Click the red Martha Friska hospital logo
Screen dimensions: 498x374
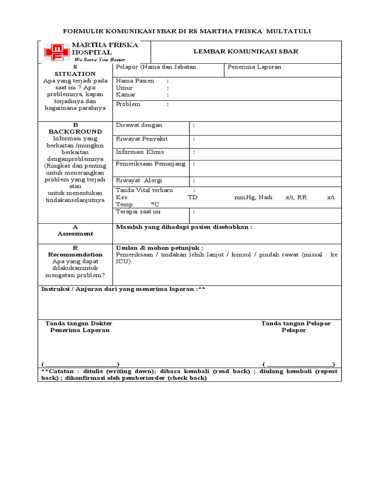pyautogui.click(x=56, y=52)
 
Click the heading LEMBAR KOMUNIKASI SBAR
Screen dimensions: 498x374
pyautogui.click(x=246, y=51)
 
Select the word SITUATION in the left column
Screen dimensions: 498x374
pyautogui.click(x=75, y=74)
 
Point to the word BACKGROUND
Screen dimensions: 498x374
pyautogui.click(x=75, y=131)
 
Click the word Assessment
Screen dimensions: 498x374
pyautogui.click(x=75, y=233)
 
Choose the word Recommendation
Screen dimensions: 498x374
pyautogui.click(x=75, y=254)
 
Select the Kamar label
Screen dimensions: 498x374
pyautogui.click(x=126, y=94)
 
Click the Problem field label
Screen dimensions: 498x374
pyautogui.click(x=128, y=104)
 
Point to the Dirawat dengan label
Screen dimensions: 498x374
pyautogui.click(x=139, y=125)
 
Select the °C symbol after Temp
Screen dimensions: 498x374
pyautogui.click(x=155, y=205)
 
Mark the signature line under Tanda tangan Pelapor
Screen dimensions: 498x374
pyautogui.click(x=299, y=365)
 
